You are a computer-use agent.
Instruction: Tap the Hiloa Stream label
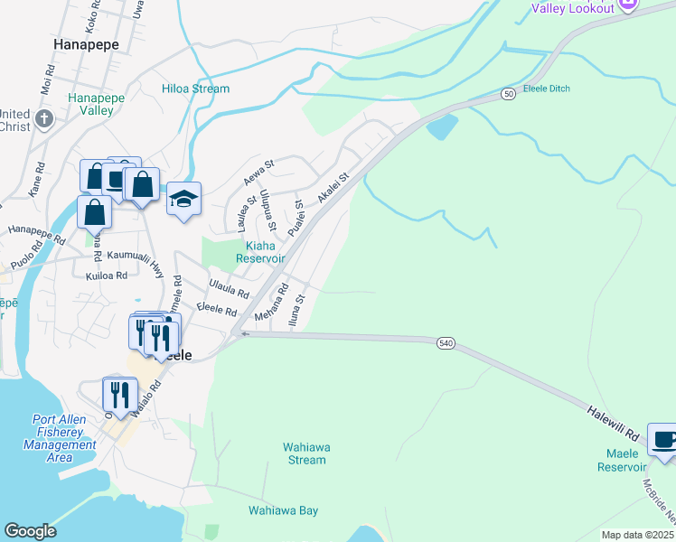[195, 89]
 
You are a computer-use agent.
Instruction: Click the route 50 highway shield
[509, 93]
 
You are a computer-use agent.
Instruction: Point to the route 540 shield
[446, 343]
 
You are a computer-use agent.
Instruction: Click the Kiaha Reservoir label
[260, 251]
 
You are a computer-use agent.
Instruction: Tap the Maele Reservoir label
[622, 460]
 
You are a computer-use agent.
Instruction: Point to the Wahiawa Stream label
[304, 453]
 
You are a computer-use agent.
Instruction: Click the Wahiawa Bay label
[283, 510]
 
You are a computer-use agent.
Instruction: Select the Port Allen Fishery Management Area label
[60, 438]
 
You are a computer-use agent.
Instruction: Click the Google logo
[30, 531]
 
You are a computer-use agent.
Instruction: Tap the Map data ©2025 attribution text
[636, 535]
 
